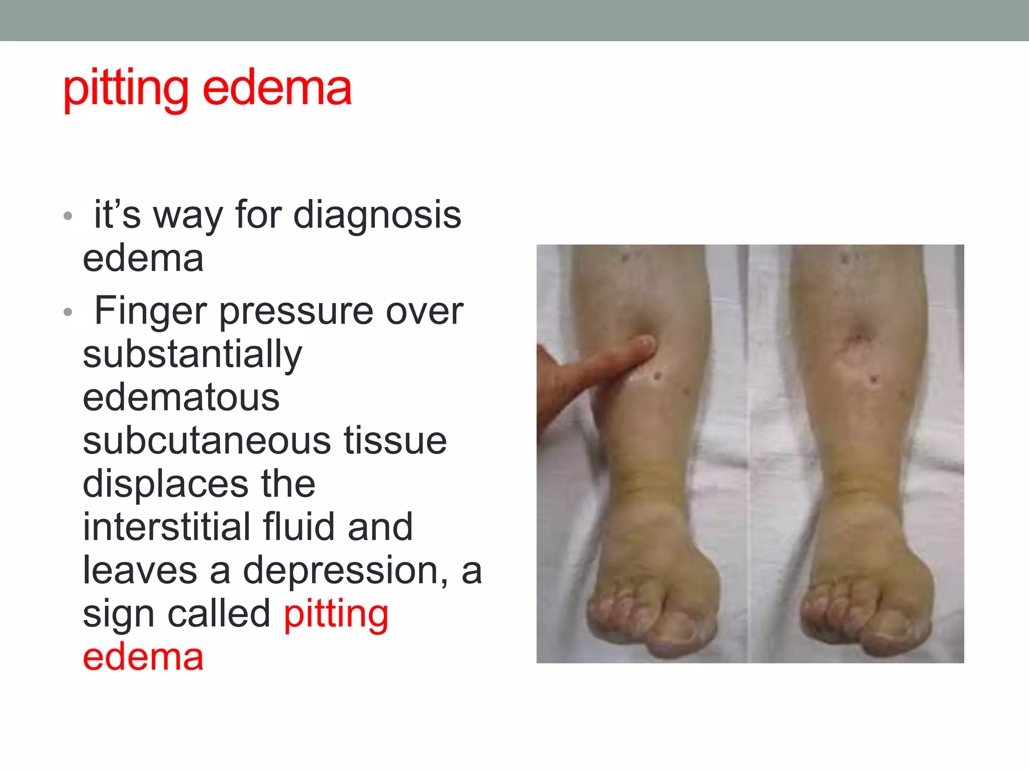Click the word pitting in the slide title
[126, 89]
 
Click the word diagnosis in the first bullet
[377, 215]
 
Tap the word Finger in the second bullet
[150, 311]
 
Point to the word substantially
[192, 355]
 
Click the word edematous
[181, 398]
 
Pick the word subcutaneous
[206, 441]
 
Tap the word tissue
[395, 441]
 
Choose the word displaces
[165, 484]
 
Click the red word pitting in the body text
[336, 615]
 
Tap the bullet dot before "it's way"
[68, 217]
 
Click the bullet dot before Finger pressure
[68, 313]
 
